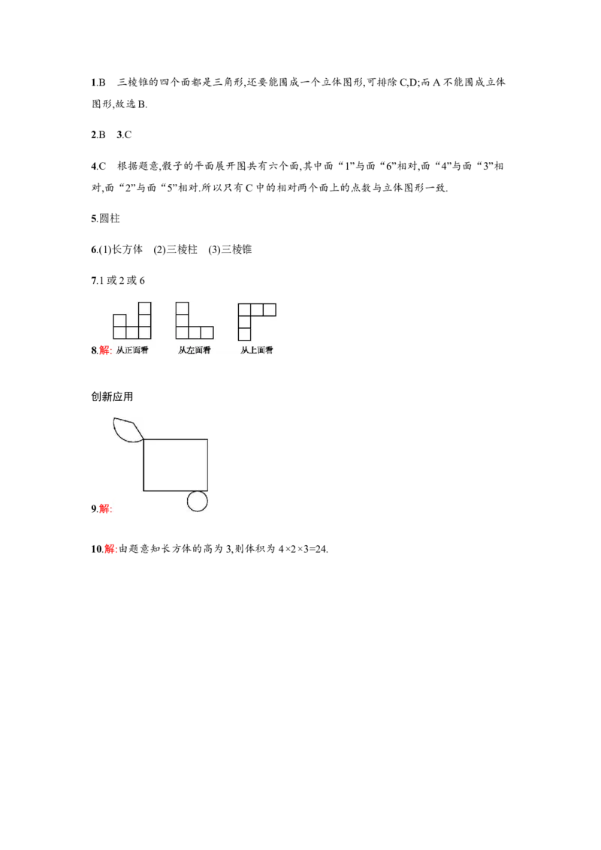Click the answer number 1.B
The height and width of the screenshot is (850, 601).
coord(98,83)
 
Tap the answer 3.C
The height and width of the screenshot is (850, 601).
coord(124,135)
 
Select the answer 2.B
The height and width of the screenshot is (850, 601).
coord(98,135)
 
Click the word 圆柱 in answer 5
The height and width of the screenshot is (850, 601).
coord(110,219)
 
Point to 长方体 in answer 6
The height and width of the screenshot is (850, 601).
coord(127,249)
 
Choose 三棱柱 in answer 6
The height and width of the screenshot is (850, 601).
coord(182,249)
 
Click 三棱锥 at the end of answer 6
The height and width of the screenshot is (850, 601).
coord(237,249)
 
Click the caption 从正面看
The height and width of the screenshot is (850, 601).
coord(132,350)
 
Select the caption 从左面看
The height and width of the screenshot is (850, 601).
coord(194,350)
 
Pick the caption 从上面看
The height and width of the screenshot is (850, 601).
coord(257,350)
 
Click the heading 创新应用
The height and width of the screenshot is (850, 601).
coord(112,396)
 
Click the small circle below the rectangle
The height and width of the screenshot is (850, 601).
coord(198,502)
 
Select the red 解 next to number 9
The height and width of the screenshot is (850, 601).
coord(105,508)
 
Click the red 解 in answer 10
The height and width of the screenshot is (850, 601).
coord(110,549)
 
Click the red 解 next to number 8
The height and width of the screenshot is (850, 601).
coord(105,350)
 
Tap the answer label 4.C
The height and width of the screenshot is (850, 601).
coord(98,166)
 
